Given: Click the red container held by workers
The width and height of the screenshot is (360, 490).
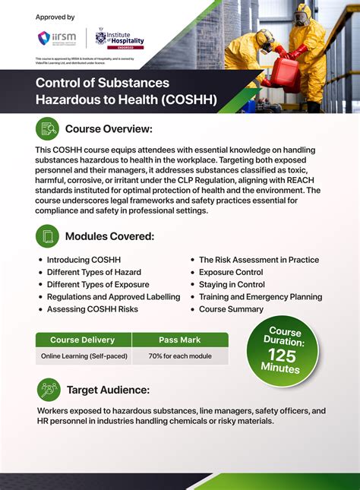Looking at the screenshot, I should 284,72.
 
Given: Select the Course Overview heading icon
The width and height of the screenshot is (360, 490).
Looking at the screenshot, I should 48,128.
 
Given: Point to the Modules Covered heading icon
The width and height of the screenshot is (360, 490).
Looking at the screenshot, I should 48,236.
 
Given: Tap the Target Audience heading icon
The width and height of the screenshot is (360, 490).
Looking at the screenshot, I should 49,390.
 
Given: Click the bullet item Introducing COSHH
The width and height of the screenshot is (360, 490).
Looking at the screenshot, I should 84,260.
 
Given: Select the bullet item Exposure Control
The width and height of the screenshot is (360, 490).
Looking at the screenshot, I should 231,272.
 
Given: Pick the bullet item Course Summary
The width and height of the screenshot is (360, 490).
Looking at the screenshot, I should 231,309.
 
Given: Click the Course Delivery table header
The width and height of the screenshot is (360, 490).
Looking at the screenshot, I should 83,340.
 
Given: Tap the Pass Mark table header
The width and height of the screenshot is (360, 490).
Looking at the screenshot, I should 180,340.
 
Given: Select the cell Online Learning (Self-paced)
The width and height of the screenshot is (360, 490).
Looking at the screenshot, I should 84,356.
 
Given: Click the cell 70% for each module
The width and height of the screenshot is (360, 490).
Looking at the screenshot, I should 180,356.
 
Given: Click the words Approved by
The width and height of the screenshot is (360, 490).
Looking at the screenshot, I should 55,17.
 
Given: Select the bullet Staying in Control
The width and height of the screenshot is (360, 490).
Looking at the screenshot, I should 232,284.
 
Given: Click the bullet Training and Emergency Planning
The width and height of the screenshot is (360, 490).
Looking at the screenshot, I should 261,297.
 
